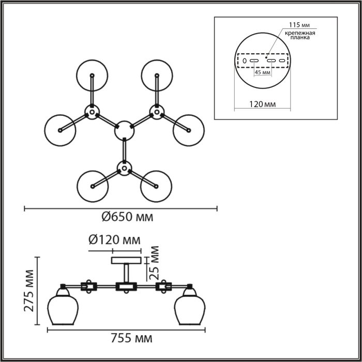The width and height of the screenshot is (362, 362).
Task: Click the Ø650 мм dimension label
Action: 127,217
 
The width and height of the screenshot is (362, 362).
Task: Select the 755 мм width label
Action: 131,339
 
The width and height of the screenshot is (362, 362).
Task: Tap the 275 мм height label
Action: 29,291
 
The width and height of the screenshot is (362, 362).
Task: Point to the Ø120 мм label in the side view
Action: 114,240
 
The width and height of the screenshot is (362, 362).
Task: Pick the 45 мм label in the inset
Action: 263,72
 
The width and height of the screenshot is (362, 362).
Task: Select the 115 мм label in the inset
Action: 299,25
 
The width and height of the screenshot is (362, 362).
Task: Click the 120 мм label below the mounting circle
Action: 263,104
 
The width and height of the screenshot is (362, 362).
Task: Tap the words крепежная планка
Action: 300,35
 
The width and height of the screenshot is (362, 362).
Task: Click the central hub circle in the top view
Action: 124,131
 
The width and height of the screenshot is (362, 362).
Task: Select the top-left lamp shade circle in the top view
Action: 92,76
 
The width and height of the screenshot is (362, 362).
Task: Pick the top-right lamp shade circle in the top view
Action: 157,76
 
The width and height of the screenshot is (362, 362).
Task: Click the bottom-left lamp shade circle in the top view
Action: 93,186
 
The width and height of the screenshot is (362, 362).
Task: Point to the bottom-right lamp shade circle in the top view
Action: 156,186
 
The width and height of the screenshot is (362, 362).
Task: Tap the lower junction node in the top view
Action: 125,168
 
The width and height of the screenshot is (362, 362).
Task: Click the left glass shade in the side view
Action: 63,306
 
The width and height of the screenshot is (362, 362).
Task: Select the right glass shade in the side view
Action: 190,306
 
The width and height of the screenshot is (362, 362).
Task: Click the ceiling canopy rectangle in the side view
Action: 126,261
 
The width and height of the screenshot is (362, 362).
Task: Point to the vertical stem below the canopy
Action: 126,273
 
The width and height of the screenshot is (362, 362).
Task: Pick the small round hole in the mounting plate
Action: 245,61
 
